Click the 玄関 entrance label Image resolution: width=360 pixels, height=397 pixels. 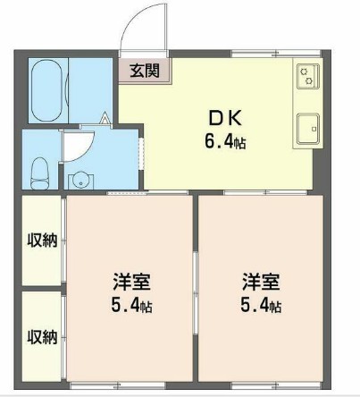point(144,71)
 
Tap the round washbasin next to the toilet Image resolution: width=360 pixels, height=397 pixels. point(80,177)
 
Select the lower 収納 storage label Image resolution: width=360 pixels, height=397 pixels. point(41,337)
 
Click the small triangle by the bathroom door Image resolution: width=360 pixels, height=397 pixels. point(106,117)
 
